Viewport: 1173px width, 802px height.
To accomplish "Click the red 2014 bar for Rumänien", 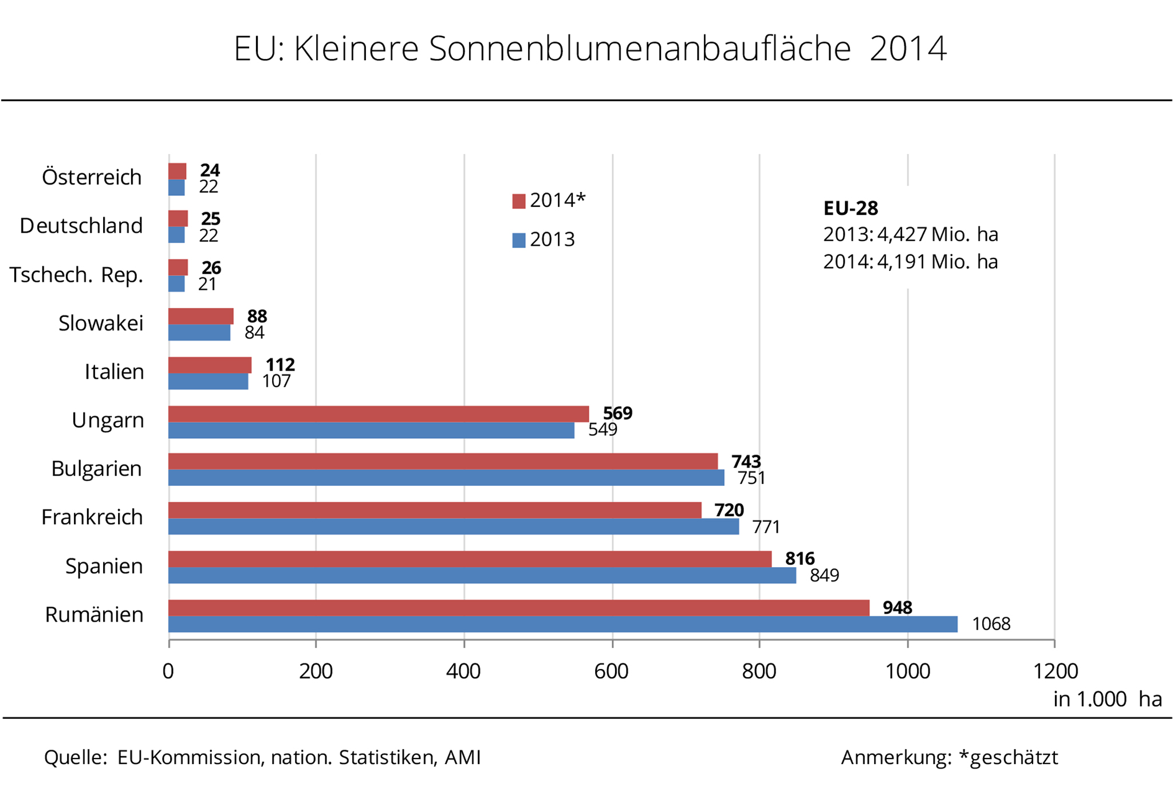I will coord(518,608).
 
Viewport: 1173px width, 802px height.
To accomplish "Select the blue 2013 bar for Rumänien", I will coord(562,624).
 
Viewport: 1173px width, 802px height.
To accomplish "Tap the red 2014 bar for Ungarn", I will coord(378,414).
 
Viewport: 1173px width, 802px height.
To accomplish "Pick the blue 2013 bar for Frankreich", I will coord(453,526).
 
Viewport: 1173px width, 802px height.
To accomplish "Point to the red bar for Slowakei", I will coord(200,316).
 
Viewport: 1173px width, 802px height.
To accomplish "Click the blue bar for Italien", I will coord(208,382).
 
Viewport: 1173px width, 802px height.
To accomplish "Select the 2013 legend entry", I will coord(544,239).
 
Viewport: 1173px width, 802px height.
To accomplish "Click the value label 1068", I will coord(991,624).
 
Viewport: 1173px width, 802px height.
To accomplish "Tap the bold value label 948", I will coord(897,607).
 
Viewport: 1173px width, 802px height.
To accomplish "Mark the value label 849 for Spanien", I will coord(824,575).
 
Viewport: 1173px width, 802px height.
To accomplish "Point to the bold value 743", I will coord(746,462).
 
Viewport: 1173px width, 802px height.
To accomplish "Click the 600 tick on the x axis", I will coord(612,671).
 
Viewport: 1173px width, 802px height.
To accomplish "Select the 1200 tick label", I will coord(1055,671).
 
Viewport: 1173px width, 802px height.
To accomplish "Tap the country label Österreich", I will coord(92,178).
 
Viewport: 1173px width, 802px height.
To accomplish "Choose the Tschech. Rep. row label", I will coord(76,275).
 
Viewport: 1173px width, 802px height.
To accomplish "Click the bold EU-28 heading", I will coord(851,208).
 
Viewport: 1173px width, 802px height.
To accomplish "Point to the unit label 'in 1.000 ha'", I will coord(1107,699).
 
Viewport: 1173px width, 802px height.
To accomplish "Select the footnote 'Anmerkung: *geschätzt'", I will coord(949,757).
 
